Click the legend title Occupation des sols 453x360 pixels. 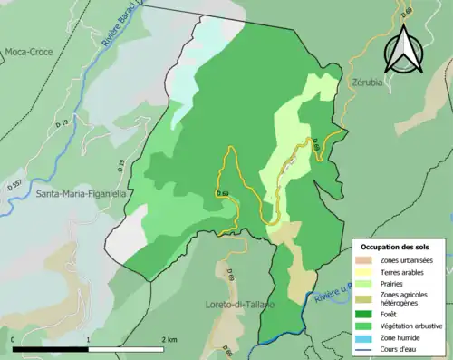pos(395,247)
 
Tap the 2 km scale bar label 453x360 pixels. pos(169,339)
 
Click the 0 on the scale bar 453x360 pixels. pos(14,339)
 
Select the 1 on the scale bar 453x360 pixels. pos(88,339)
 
